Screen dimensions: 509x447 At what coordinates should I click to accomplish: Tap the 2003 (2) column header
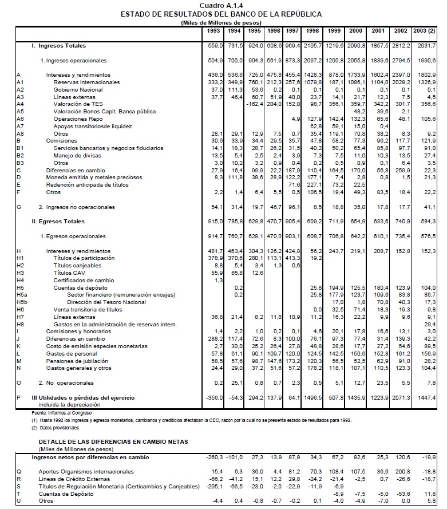pyautogui.click(x=424, y=30)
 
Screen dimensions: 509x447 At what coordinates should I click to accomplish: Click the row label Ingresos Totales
pyautogui.click(x=59, y=45)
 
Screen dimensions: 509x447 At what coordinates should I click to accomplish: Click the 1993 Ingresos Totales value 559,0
pyautogui.click(x=215, y=45)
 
